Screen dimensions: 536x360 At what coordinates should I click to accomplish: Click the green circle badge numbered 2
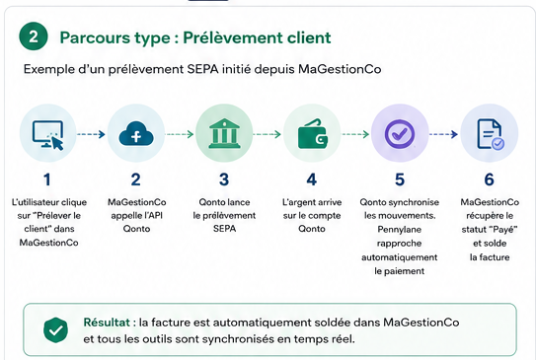[34, 36]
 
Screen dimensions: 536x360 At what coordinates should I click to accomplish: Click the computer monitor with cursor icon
[48, 135]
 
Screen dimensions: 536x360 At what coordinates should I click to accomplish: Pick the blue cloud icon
[136, 133]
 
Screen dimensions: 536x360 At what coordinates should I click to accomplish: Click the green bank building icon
[224, 133]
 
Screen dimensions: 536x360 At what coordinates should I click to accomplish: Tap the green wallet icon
[313, 134]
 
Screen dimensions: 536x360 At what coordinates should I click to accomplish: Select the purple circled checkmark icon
[400, 134]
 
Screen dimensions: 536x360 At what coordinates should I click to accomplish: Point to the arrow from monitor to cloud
[91, 134]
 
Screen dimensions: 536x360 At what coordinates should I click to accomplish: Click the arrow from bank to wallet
[267, 134]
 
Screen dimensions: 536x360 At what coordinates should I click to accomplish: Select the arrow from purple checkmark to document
[443, 134]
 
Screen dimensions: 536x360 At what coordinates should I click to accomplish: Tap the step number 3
[224, 180]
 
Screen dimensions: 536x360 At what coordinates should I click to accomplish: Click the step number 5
[400, 180]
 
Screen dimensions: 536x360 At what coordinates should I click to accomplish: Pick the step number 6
[490, 180]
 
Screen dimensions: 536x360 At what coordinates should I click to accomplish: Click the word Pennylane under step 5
[399, 229]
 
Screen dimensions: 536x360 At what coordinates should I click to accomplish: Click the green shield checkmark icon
[55, 330]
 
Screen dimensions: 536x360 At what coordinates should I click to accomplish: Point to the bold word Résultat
[107, 323]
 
